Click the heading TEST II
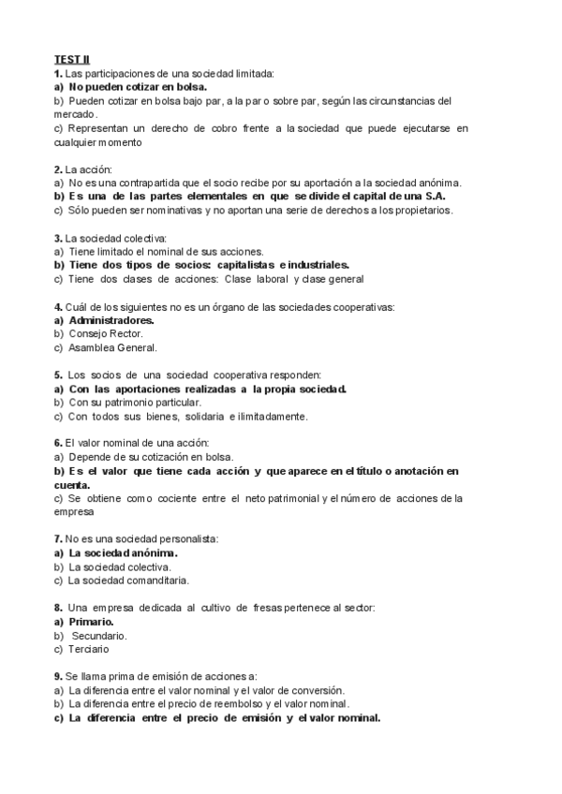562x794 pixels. click(x=71, y=60)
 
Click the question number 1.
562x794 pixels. click(x=58, y=73)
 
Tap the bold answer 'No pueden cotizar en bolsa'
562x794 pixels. click(x=138, y=86)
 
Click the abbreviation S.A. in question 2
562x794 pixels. click(x=434, y=197)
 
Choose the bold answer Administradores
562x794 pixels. click(x=111, y=320)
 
